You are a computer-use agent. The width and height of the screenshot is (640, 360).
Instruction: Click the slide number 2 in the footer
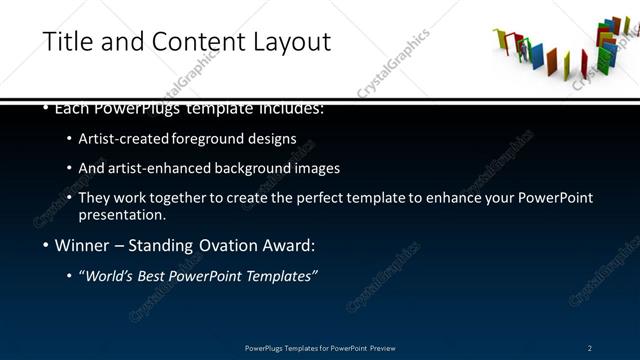coord(590,348)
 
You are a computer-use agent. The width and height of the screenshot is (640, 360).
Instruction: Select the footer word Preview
coord(381,348)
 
